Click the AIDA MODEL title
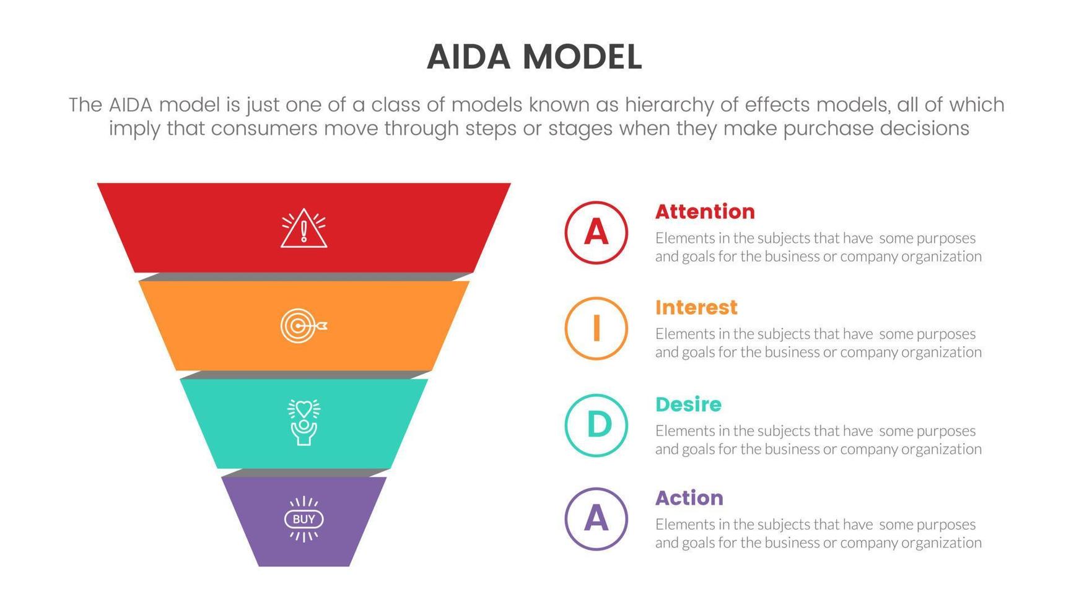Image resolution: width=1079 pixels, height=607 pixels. point(534,57)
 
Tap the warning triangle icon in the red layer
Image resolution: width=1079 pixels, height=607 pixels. point(304,229)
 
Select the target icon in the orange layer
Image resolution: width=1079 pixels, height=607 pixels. point(303,326)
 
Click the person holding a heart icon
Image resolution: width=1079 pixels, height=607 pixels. point(304,422)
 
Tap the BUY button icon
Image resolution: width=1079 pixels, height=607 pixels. point(304,519)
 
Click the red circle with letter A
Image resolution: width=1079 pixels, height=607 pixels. point(596,233)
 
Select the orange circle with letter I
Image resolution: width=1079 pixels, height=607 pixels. point(596,328)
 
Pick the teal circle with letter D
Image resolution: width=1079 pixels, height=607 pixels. point(596,426)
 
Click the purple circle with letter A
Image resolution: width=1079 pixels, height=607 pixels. point(596,519)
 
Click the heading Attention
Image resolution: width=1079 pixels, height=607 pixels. point(705,212)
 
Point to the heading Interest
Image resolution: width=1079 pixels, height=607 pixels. point(696,308)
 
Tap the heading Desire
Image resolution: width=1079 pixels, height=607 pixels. point(688,404)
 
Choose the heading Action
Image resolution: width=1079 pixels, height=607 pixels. point(689,498)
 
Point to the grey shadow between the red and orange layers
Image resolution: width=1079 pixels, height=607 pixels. point(304,277)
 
